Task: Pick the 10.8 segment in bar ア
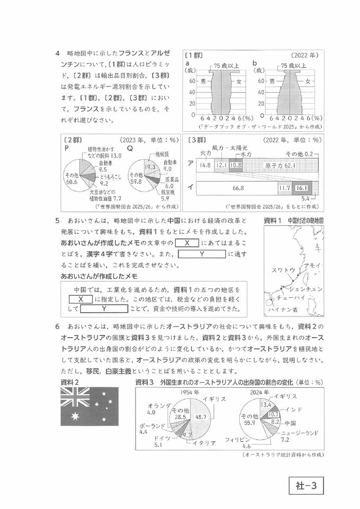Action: point(236,166)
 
